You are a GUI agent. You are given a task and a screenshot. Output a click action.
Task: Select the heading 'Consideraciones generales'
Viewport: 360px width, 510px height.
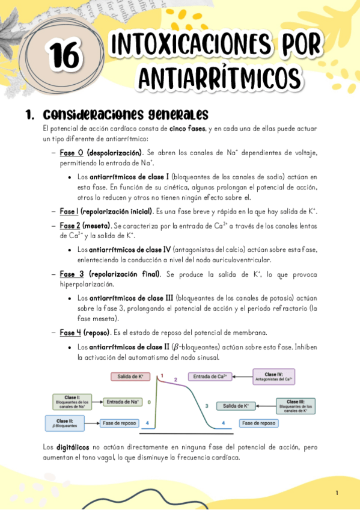[x=126, y=114]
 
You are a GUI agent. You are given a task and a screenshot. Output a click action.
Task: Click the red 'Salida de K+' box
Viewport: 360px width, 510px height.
[x=129, y=377]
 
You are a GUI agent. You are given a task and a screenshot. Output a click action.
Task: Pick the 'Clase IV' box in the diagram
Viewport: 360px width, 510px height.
[x=273, y=376]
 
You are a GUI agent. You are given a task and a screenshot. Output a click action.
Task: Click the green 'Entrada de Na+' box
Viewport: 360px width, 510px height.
[x=122, y=402]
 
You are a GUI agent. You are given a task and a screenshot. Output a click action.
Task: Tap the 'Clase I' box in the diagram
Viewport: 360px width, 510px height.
[x=72, y=402]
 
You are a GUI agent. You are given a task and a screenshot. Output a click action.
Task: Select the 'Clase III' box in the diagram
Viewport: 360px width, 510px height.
[x=295, y=406]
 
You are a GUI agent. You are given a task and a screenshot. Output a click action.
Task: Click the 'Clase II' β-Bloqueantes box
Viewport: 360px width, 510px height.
[x=67, y=423]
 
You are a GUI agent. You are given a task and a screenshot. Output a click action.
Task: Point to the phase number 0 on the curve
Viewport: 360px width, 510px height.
[x=148, y=401]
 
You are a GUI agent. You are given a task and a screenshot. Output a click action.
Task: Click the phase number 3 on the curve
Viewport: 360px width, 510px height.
[x=206, y=407]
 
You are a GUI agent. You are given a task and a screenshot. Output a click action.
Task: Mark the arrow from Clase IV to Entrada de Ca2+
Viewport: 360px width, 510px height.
[x=242, y=377]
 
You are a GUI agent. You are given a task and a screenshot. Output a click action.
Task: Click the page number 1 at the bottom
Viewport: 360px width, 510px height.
[x=337, y=494]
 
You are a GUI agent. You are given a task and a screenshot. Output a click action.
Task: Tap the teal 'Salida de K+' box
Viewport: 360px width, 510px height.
[x=236, y=406]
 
